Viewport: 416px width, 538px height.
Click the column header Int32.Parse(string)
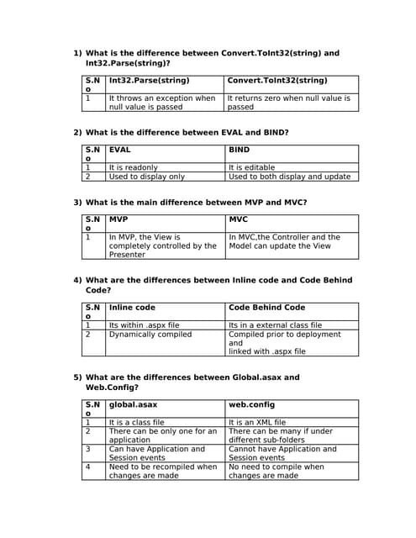point(149,81)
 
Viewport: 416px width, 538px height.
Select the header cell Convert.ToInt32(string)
point(277,81)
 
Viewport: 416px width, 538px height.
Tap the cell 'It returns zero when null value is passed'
point(289,103)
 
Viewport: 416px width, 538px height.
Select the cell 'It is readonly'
point(134,167)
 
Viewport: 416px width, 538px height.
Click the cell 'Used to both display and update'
point(289,177)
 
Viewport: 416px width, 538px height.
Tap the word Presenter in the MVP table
point(127,255)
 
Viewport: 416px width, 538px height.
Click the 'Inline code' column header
point(132,308)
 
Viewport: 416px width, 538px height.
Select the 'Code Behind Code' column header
point(266,308)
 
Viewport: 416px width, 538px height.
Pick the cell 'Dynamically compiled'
point(150,334)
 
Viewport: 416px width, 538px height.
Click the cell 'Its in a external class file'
point(275,324)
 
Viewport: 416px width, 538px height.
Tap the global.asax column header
point(133,404)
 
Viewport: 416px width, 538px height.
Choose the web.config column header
point(251,404)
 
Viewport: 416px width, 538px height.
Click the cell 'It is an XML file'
point(257,422)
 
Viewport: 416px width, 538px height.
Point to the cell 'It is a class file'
point(136,422)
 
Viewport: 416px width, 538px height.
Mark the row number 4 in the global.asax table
point(87,467)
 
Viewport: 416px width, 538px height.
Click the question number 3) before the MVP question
point(77,203)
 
